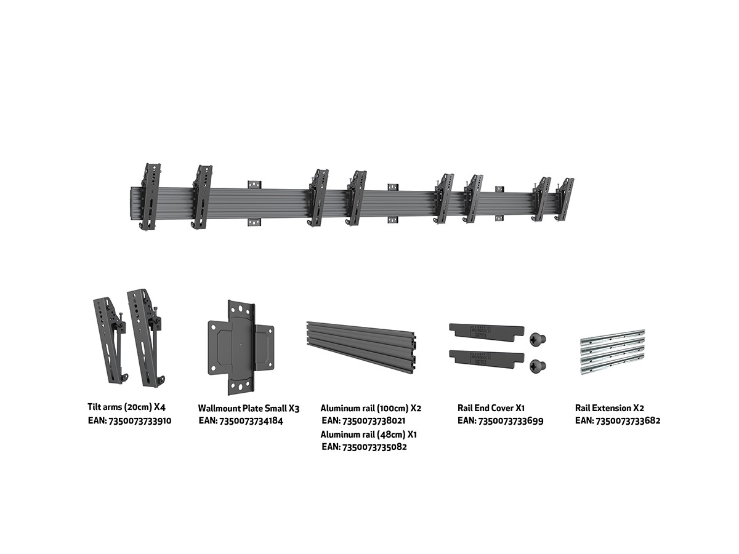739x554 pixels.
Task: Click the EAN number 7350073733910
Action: (x=140, y=421)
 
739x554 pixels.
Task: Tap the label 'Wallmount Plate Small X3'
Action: (x=248, y=408)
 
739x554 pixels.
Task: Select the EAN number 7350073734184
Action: (x=251, y=421)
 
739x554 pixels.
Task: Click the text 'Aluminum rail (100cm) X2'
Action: (x=371, y=408)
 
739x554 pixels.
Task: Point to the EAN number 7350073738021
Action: (x=374, y=420)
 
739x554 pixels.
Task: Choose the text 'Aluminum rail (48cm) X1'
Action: (x=368, y=434)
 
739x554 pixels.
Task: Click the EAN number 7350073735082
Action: (x=374, y=447)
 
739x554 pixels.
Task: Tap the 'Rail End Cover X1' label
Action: (x=491, y=408)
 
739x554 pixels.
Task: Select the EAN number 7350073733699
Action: (x=511, y=421)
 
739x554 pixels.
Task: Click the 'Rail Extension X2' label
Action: (x=610, y=408)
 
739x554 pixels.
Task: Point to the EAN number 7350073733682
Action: (x=628, y=420)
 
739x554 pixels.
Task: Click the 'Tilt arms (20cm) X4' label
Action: (x=127, y=407)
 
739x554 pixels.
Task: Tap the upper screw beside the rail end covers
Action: (x=538, y=339)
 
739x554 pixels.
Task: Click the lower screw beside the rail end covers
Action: (x=538, y=366)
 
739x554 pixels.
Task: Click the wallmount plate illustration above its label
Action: (x=241, y=348)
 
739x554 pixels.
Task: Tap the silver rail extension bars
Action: (x=613, y=352)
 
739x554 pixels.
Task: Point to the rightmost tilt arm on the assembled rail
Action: (x=564, y=200)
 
